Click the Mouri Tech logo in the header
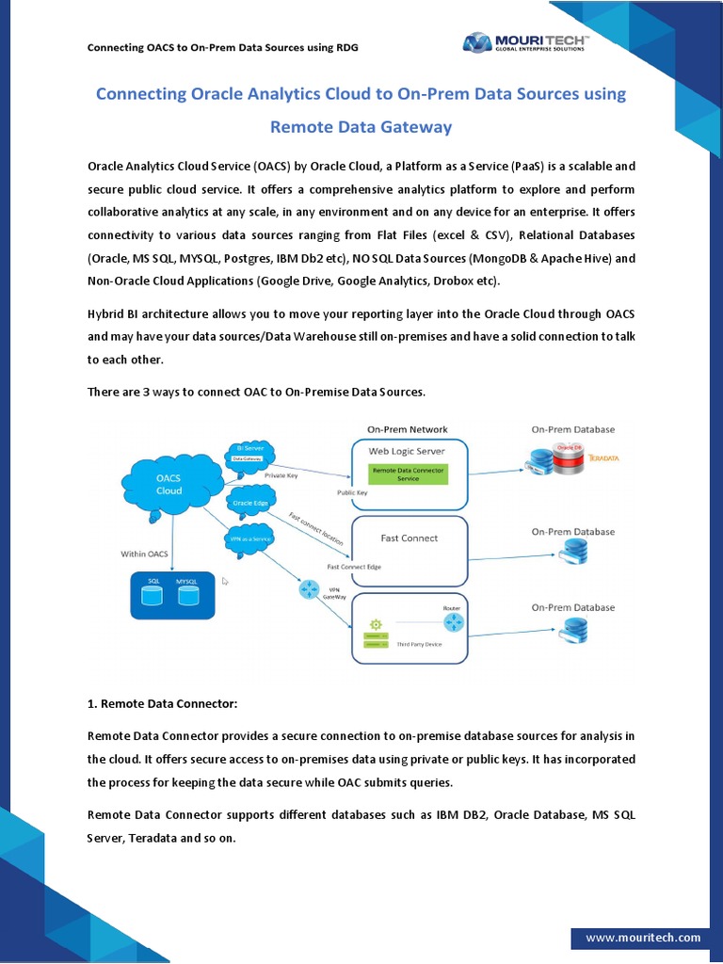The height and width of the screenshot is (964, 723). tap(524, 42)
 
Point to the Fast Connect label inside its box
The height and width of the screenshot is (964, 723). tap(409, 538)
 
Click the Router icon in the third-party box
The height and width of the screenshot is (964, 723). tap(453, 622)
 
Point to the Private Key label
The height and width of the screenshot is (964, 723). tap(281, 476)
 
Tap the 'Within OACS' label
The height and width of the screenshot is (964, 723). tap(144, 554)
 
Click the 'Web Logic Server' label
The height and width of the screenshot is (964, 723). tap(406, 451)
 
